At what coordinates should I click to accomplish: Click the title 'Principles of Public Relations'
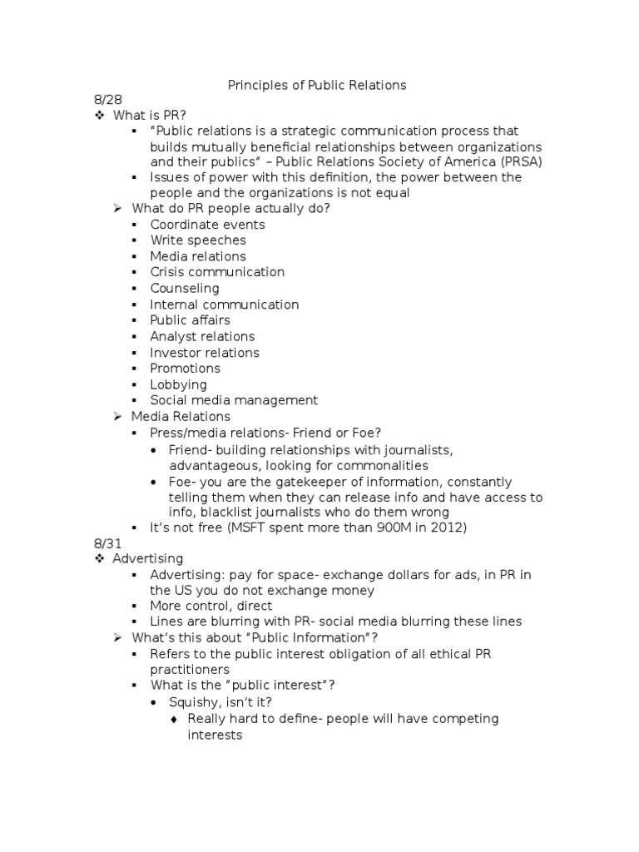[x=317, y=84]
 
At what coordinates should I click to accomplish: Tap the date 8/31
[x=106, y=542]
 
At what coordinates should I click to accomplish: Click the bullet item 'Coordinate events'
[x=207, y=225]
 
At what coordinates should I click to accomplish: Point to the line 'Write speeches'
[x=198, y=240]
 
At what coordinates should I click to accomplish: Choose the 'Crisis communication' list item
[x=217, y=272]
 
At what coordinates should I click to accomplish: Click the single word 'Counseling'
[x=185, y=289]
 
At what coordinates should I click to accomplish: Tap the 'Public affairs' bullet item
[x=190, y=320]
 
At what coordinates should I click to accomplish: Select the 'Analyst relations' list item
[x=202, y=337]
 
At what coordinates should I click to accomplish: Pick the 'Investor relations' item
[x=206, y=353]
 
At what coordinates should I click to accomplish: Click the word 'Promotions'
[x=185, y=369]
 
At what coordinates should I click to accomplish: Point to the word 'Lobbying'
[x=178, y=385]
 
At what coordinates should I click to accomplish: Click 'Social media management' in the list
[x=234, y=401]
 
